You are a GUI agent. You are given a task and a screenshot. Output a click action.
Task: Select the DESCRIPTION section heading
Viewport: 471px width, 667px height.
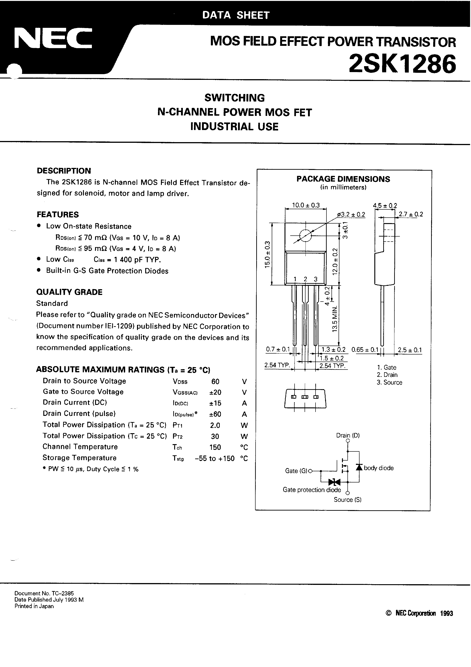[64, 171]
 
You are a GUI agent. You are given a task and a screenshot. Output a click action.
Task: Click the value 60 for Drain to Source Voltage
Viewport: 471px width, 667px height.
[215, 381]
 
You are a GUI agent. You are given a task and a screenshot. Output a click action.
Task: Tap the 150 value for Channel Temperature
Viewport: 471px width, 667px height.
[215, 447]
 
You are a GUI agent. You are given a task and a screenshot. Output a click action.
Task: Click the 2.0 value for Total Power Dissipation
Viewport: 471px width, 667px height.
[215, 425]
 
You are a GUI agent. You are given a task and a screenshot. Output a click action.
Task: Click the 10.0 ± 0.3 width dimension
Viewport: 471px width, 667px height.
[305, 205]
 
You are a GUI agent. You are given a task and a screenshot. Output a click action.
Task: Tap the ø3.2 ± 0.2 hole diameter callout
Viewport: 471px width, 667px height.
[351, 214]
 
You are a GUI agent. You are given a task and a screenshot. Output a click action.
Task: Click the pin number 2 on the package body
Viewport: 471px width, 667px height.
[305, 279]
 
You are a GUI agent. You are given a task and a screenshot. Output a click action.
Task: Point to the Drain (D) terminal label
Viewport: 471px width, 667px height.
[348, 435]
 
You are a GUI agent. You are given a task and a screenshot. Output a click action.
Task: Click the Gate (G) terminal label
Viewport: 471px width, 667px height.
[296, 471]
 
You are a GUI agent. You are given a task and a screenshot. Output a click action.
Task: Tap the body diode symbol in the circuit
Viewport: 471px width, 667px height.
[359, 467]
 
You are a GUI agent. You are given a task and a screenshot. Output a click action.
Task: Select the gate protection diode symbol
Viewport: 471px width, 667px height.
[334, 482]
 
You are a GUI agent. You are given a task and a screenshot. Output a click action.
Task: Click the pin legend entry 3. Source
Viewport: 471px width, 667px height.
[389, 383]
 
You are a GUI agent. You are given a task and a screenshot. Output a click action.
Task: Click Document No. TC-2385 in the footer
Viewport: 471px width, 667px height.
[44, 594]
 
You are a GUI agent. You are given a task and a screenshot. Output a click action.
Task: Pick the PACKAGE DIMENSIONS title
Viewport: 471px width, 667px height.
[343, 179]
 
